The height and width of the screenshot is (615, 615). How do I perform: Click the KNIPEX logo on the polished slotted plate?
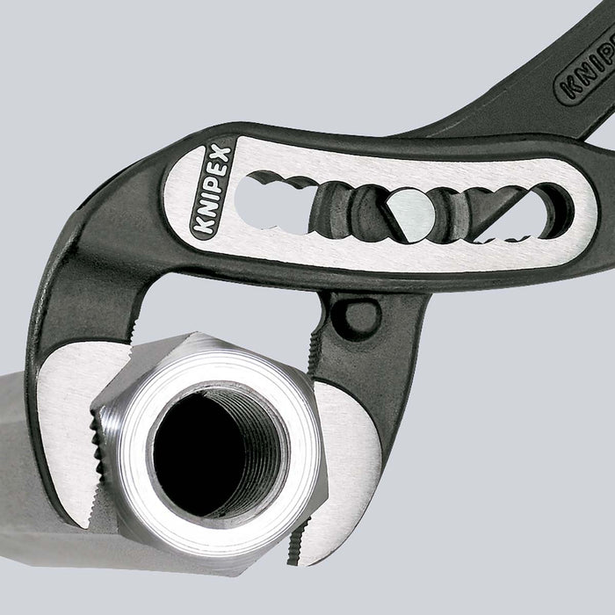click(212, 192)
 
